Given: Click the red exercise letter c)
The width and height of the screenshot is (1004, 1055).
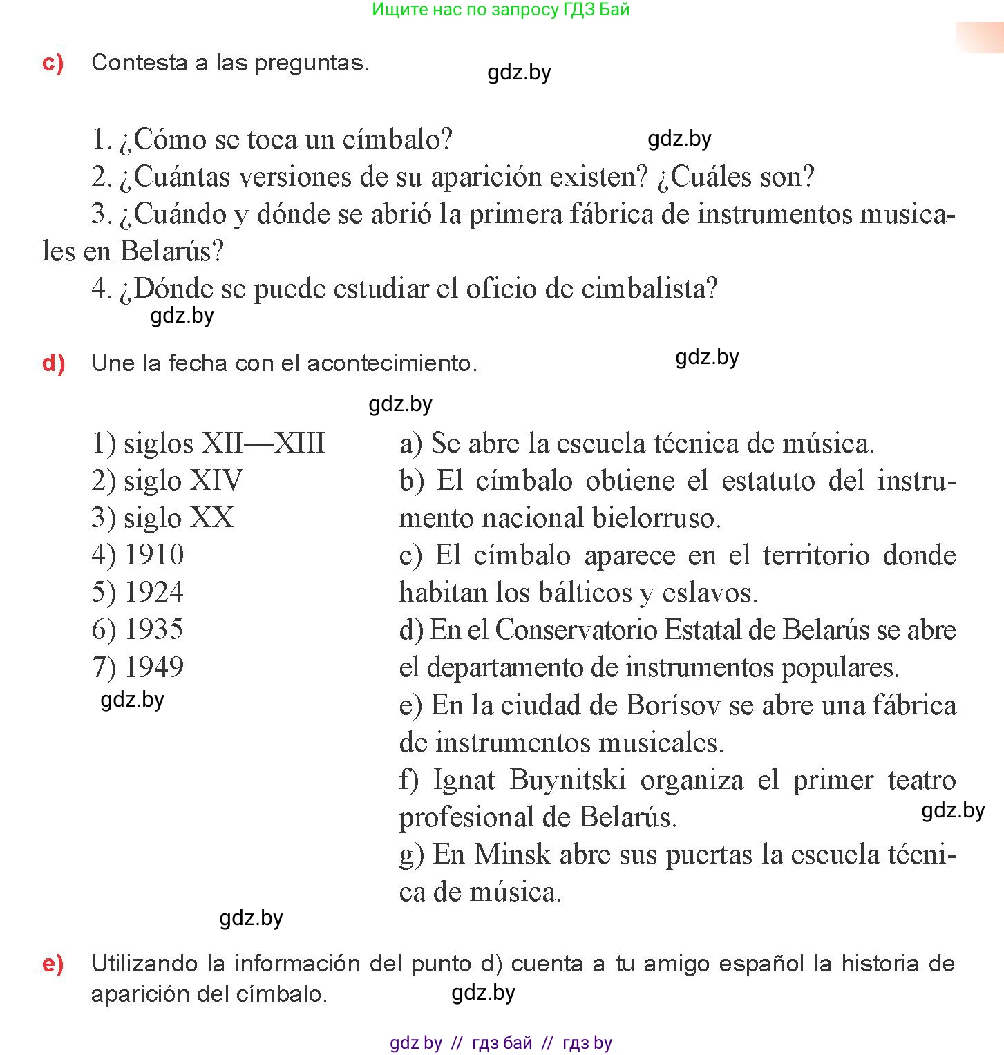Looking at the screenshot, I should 53,63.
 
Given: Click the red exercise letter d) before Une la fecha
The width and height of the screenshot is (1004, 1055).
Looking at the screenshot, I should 53,363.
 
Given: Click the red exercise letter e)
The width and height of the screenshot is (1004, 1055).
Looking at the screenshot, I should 53,964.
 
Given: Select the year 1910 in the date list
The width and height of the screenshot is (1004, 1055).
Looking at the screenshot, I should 154,555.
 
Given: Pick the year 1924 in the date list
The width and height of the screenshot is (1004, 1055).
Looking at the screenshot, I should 154,592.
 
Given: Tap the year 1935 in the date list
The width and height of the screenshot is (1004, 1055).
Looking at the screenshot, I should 154,629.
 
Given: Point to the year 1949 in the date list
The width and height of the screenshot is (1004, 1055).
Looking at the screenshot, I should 154,667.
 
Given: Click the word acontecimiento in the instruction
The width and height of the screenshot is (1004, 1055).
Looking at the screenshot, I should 391,363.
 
